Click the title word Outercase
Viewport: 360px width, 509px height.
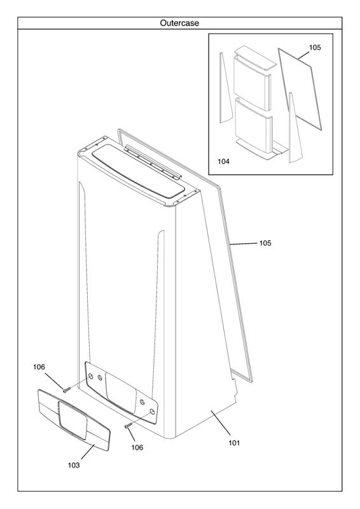pos(179,23)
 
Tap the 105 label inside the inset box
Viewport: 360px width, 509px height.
pos(315,47)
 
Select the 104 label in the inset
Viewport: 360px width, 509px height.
pos(223,161)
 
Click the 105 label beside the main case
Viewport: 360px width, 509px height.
pos(265,243)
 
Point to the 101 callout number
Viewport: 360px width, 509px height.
pos(234,442)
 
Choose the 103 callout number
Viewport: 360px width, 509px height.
pos(74,465)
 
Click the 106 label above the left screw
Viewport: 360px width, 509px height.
pos(39,367)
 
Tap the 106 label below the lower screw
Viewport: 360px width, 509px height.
pos(137,447)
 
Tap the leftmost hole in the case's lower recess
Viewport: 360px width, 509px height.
pos(90,376)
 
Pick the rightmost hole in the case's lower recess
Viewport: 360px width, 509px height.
pos(152,412)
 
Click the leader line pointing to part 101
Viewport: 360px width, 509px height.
pos(221,422)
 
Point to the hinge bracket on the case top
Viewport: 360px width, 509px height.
pos(153,162)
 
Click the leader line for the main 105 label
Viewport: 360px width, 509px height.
pos(244,243)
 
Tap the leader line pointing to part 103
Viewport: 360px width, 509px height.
pos(88,452)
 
